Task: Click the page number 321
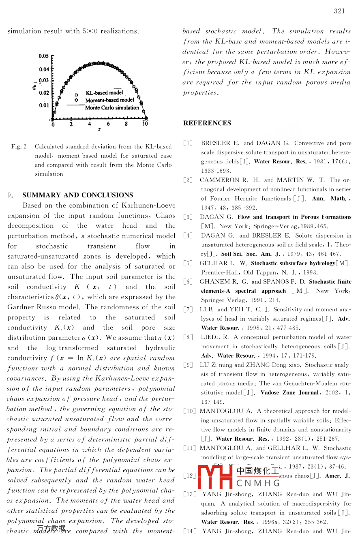click(x=339, y=11)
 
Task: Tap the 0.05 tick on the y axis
click(x=44, y=56)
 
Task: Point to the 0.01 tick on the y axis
click(x=44, y=105)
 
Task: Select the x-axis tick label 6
click(x=108, y=124)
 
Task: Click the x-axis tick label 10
click(x=145, y=124)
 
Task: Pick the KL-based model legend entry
click(x=104, y=93)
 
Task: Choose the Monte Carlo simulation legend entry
click(x=112, y=107)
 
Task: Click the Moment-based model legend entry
click(x=109, y=100)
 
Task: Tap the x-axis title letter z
click(x=99, y=129)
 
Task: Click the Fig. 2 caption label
click(x=19, y=146)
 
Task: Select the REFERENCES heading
click(x=207, y=123)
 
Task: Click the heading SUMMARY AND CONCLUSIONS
click(x=78, y=195)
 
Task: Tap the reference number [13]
click(x=189, y=495)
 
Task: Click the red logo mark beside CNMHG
click(x=214, y=477)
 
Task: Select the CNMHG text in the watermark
click(x=258, y=483)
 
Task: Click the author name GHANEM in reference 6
click(x=213, y=282)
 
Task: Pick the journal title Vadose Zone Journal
click(x=289, y=393)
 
